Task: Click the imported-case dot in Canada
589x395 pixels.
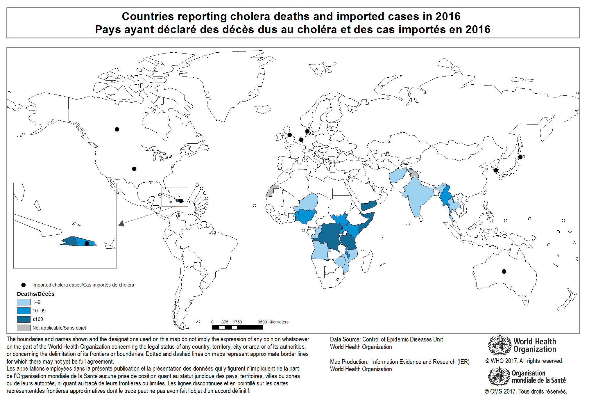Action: pos(117,129)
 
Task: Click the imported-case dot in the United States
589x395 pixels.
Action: pos(134,169)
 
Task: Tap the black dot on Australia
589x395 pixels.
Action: pos(504,271)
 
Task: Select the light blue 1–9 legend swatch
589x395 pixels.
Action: pos(24,302)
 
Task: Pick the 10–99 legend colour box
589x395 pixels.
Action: pos(24,311)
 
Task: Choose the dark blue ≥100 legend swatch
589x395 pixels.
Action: pos(24,319)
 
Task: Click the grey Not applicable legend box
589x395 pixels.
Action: pos(24,328)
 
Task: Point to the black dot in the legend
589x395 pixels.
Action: pos(24,285)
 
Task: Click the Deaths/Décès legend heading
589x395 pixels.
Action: pos(36,294)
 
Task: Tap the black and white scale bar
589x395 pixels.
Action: pos(237,328)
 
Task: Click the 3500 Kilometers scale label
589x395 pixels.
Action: pos(273,322)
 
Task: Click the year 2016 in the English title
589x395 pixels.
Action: pos(448,16)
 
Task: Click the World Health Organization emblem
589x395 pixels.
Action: pos(500,345)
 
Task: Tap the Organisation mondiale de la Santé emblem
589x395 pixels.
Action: pos(499,376)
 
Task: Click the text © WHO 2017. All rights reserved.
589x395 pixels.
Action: pos(524,361)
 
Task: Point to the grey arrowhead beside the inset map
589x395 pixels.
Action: pos(121,223)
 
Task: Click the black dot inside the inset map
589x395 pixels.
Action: pos(87,243)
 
